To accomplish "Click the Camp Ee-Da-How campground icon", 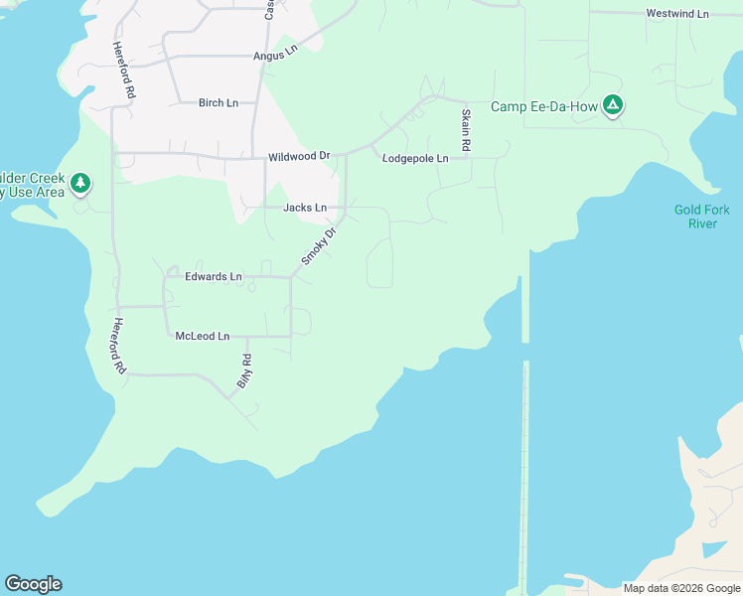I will [614, 105].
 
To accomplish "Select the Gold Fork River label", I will [702, 217].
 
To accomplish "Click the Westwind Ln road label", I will [677, 14].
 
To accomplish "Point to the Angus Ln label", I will [275, 56].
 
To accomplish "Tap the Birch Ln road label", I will [219, 102].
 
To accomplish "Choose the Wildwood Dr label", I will [298, 157].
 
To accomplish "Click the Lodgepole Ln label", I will [415, 158].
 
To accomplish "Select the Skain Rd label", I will [465, 131].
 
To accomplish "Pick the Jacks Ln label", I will [305, 208].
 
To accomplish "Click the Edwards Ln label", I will [214, 276].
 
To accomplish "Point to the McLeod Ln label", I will [203, 337].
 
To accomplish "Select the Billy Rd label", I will [244, 371].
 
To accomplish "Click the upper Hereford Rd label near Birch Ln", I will [123, 70].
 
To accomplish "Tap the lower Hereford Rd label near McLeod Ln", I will [119, 346].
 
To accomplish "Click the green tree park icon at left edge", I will [80, 184].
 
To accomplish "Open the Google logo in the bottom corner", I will [33, 584].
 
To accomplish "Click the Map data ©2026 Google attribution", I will [681, 588].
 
